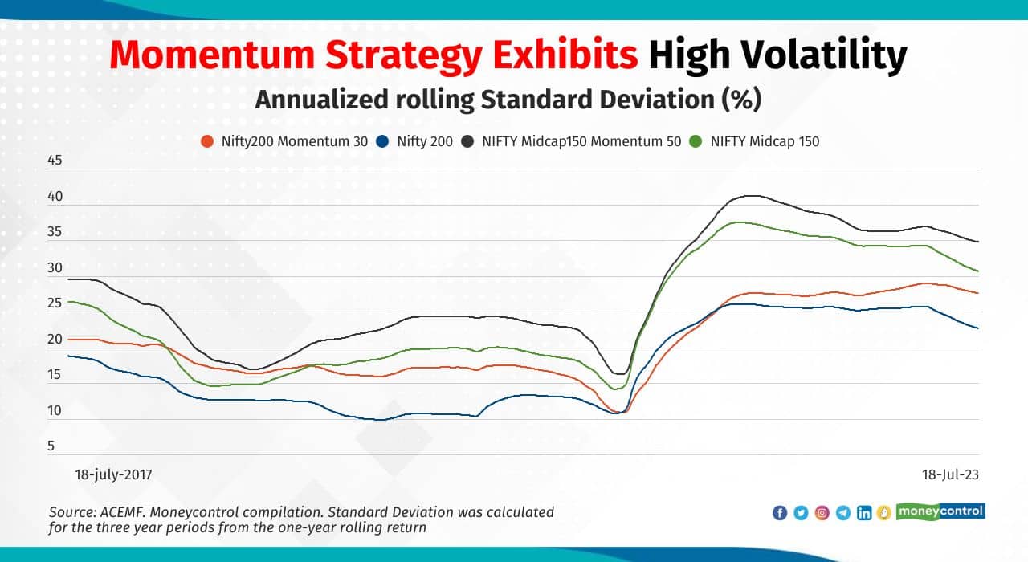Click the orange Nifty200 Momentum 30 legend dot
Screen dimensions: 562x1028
click(x=207, y=141)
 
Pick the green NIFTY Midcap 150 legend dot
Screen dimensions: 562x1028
click(x=696, y=141)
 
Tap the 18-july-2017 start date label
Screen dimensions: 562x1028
click(x=112, y=474)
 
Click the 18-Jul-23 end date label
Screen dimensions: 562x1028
click(x=950, y=474)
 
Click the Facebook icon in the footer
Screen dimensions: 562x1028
click(x=780, y=513)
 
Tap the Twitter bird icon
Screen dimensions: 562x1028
click(x=801, y=513)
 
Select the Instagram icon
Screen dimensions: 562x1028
click(x=822, y=513)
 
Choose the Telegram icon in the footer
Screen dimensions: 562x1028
click(x=842, y=513)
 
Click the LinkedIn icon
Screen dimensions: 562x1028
click(x=864, y=513)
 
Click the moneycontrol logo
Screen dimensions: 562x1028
click(x=940, y=511)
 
